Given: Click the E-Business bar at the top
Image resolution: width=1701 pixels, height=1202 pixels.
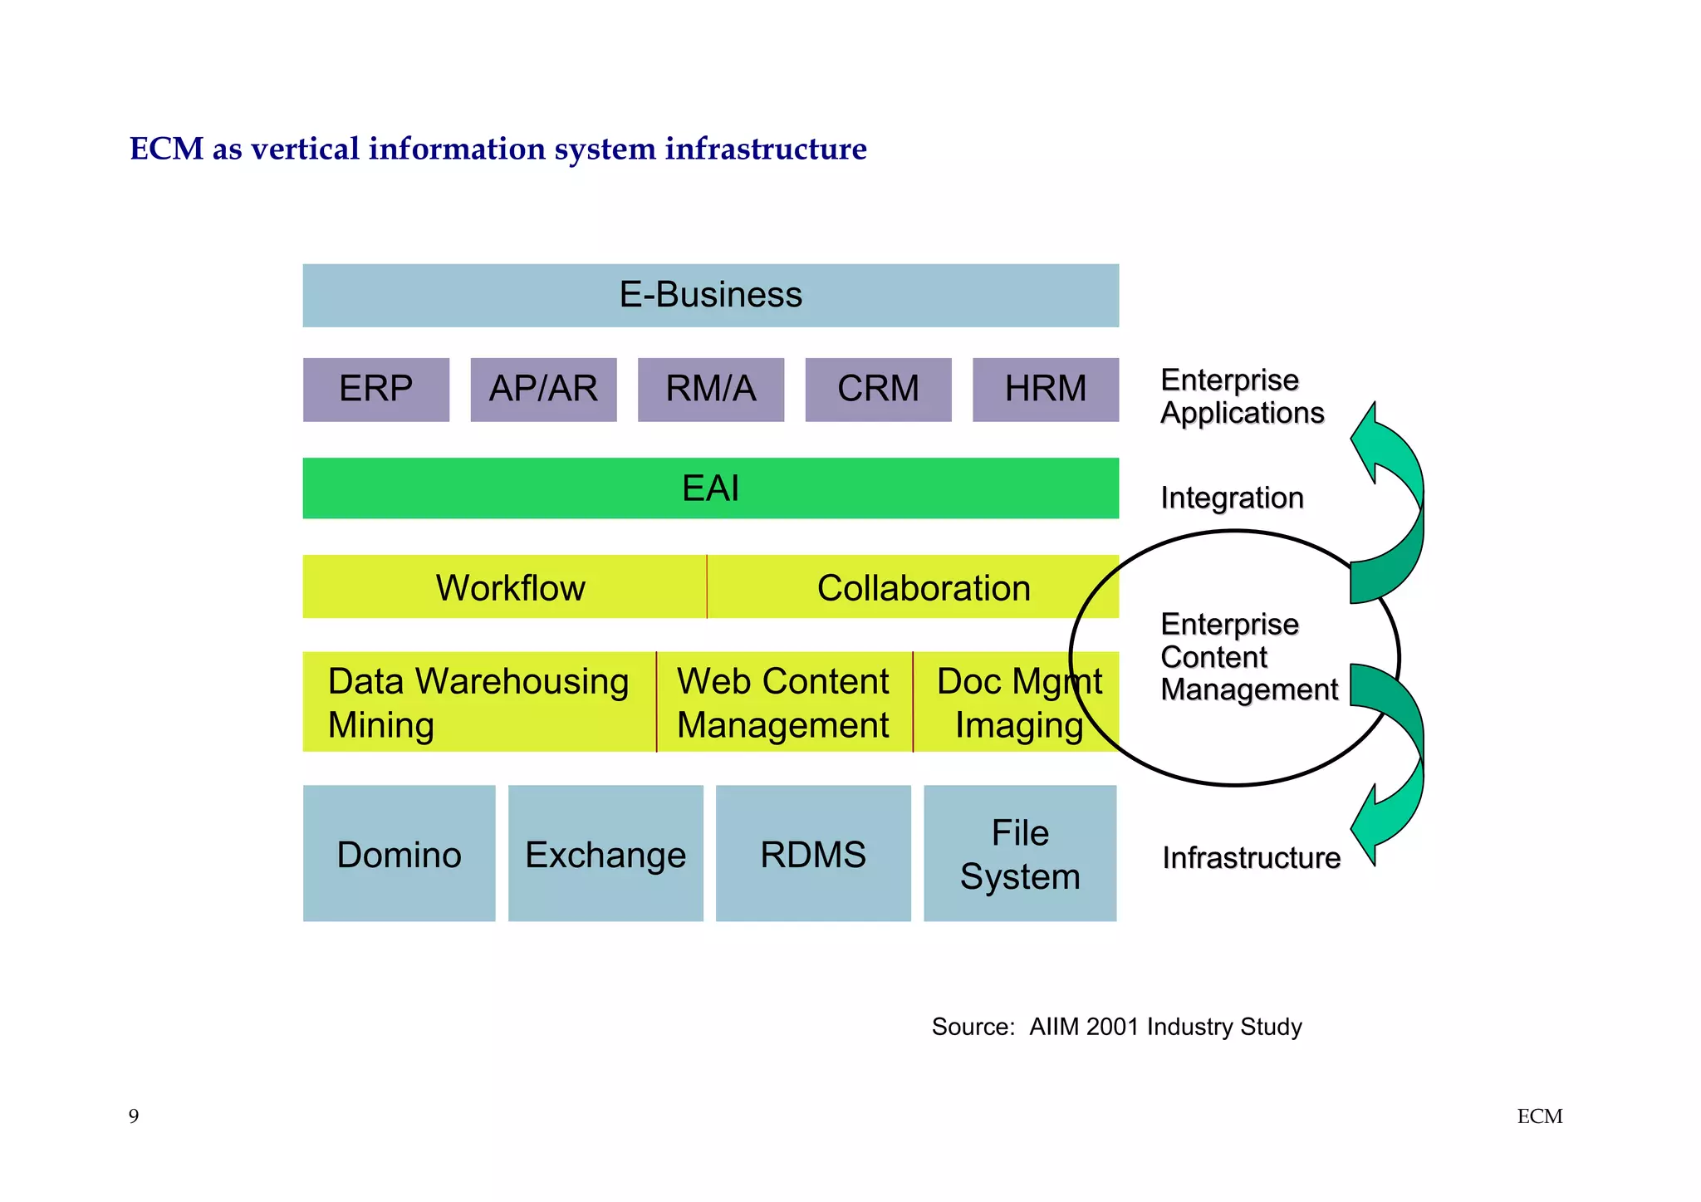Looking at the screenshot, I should click(x=710, y=296).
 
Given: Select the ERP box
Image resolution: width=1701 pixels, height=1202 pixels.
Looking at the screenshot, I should click(x=375, y=390).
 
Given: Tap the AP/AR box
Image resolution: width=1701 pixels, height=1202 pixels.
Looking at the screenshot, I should click(x=543, y=390).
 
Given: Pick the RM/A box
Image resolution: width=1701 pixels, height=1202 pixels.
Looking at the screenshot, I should click(x=710, y=390).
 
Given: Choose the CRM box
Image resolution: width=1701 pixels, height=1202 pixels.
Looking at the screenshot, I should click(x=878, y=390).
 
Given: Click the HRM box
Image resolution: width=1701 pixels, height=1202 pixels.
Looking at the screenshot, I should click(x=1045, y=390).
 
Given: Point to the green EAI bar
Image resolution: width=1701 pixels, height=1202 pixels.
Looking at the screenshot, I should click(x=710, y=488).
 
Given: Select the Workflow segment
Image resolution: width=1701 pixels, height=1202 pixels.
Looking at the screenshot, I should click(x=504, y=587).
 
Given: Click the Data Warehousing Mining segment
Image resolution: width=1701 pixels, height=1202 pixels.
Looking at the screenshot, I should click(x=478, y=702).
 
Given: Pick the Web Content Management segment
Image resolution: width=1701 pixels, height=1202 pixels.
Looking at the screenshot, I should click(x=783, y=702).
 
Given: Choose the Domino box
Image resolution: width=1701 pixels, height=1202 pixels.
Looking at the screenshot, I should click(x=399, y=854).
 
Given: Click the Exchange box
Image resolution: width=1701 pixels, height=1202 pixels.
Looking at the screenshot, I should click(x=605, y=854).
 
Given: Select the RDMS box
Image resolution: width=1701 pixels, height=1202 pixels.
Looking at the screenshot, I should click(x=813, y=854).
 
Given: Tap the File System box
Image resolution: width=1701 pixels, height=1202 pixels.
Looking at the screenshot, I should click(x=1020, y=854).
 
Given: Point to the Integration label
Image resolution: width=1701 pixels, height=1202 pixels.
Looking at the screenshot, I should click(x=1232, y=498).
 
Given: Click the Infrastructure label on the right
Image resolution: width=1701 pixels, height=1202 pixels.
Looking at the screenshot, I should click(x=1251, y=858).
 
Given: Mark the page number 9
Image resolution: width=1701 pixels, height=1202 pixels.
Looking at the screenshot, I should click(x=134, y=1116).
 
